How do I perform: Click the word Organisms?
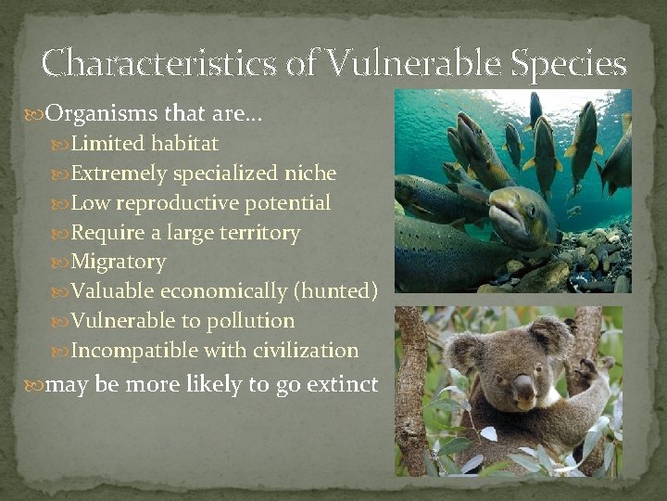pos(101,114)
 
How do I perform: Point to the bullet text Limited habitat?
pos(145,144)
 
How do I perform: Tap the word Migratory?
pos(119,263)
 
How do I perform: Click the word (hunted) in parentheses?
pos(335,291)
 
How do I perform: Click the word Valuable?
pos(113,291)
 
